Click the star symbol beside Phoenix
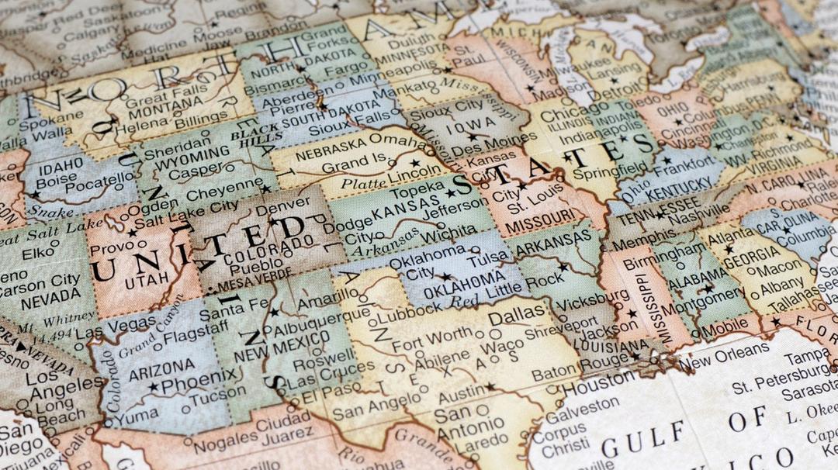tap(153, 385)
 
